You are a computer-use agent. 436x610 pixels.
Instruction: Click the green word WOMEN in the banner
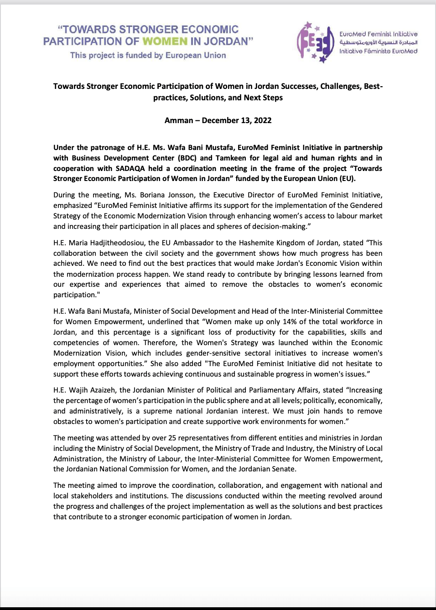coord(165,41)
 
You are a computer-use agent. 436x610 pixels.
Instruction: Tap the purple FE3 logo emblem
coord(316,42)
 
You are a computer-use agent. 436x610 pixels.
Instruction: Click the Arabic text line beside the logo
coord(378,42)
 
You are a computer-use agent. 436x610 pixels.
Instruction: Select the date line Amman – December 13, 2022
coord(218,120)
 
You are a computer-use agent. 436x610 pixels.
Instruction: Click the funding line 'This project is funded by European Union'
coord(148,55)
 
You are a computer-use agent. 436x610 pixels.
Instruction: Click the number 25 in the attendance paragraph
coord(172,438)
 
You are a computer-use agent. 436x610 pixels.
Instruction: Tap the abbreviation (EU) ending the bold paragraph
coord(348,179)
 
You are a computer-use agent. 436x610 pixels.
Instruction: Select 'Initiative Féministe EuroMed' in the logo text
coord(378,51)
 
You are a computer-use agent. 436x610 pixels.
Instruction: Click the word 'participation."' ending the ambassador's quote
coord(77,295)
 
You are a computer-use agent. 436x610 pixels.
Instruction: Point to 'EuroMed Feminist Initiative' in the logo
coord(378,34)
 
